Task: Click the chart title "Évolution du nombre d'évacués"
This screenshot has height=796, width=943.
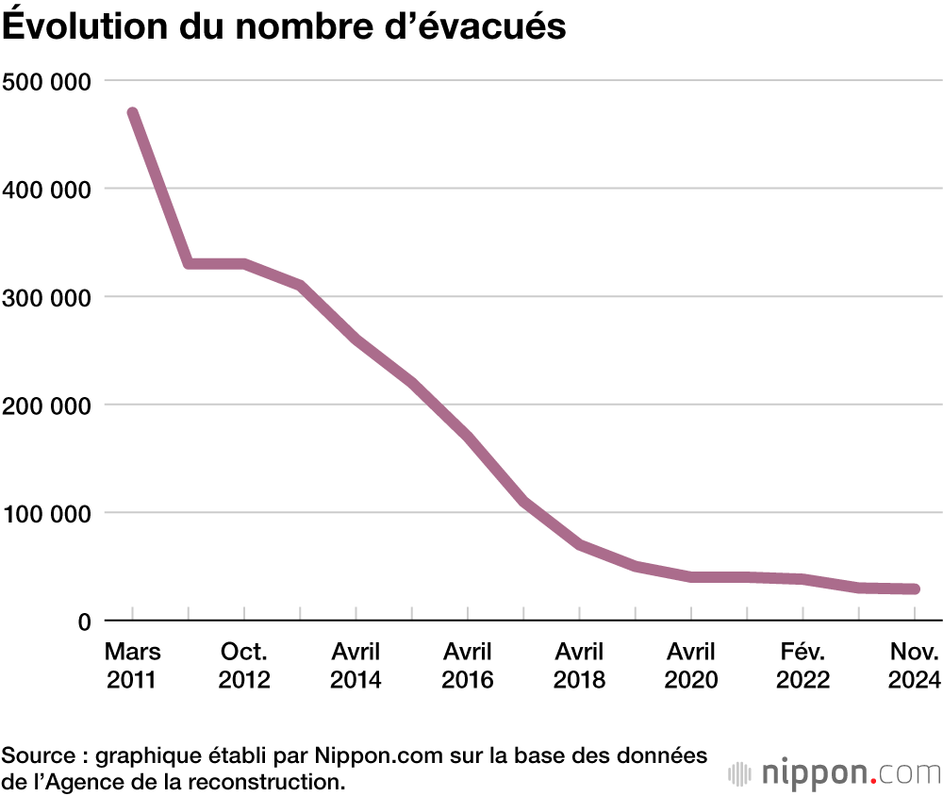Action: click(x=284, y=26)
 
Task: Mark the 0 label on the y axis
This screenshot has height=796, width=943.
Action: click(x=84, y=622)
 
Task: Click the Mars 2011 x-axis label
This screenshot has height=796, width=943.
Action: click(x=133, y=666)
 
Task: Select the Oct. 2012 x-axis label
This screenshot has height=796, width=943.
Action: click(x=244, y=666)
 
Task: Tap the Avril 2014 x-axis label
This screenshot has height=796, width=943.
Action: click(x=356, y=666)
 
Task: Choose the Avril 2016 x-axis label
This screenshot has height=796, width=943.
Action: click(x=468, y=666)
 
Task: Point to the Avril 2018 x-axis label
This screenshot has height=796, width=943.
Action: click(x=579, y=666)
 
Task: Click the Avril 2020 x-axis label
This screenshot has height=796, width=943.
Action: click(x=691, y=666)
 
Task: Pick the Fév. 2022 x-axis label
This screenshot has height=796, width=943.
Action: click(x=802, y=666)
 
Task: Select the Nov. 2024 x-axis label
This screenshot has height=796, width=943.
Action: click(x=914, y=666)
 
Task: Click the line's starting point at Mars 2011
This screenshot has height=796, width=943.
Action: click(x=133, y=114)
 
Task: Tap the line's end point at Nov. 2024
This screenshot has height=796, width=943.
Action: click(x=914, y=589)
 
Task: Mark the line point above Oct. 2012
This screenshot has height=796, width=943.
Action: click(x=244, y=264)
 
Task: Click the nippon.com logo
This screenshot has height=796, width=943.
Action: click(x=835, y=773)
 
